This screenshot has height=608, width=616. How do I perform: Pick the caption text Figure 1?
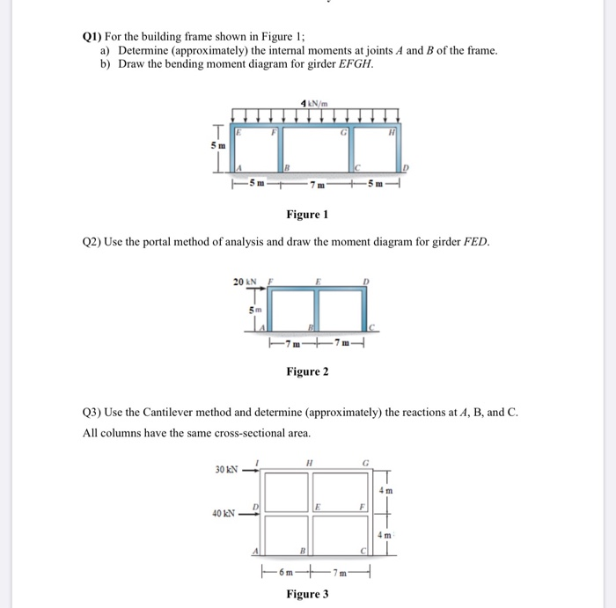point(307,216)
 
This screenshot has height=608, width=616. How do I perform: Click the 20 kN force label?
point(245,282)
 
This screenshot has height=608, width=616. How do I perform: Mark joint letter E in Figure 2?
point(315,282)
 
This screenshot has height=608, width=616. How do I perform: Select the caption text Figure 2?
point(307,371)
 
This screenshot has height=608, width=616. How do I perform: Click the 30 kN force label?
point(228,469)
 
